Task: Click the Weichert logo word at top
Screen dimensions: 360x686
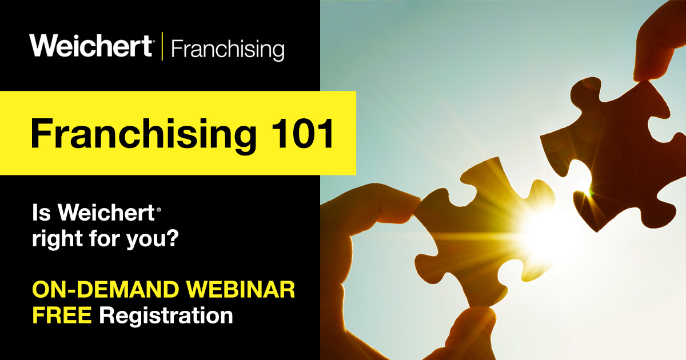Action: point(91,45)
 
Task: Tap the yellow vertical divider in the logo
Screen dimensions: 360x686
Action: point(162,46)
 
